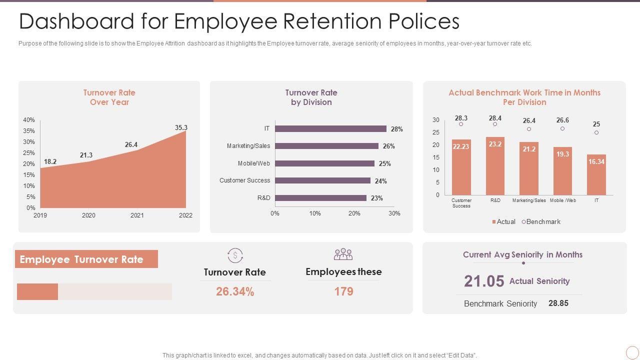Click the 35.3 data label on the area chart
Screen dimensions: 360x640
(181, 127)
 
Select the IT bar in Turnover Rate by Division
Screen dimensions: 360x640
(330, 129)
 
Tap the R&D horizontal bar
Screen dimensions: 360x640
(320, 198)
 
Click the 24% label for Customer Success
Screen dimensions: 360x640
(380, 181)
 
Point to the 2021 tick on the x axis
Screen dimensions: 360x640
(137, 215)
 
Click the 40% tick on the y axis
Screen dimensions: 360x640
(29, 120)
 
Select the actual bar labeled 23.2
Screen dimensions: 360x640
(495, 166)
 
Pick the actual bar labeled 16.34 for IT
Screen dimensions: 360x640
(596, 174)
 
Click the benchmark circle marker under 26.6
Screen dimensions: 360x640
(562, 128)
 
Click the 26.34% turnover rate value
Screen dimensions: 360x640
(235, 291)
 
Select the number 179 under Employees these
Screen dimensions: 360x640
(343, 291)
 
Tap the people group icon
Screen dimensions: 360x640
(343, 254)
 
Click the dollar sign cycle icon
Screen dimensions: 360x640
(235, 255)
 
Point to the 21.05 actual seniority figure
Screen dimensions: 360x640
(484, 281)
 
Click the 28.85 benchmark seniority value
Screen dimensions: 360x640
(558, 303)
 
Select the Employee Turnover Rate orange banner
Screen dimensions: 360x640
(86, 259)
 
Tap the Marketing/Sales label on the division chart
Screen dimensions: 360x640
(248, 146)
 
